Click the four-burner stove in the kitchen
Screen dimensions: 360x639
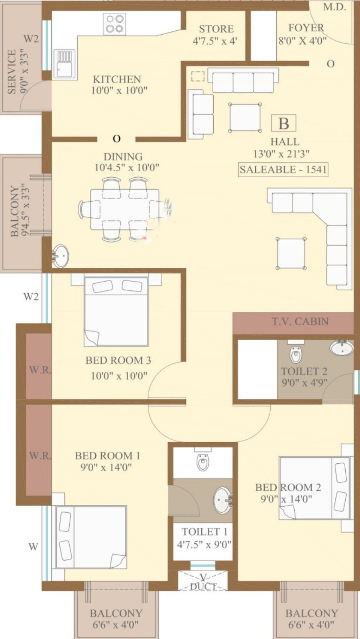[x=114, y=24]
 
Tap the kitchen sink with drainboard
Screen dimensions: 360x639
[x=65, y=64]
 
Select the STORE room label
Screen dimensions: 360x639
[x=216, y=29]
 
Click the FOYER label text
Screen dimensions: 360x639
[x=306, y=27]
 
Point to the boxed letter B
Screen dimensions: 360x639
[x=283, y=123]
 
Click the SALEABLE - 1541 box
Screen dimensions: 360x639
[x=283, y=170]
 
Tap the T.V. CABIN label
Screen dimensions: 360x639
[x=300, y=321]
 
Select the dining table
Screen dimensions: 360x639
[x=125, y=209]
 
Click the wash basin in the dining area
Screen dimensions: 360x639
[x=60, y=256]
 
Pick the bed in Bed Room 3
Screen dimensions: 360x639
[x=116, y=311]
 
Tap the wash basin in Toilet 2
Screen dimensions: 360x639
[x=342, y=347]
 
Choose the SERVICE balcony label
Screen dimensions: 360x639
[x=12, y=72]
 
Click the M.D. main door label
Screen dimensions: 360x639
[x=334, y=7]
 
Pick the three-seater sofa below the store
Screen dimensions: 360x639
[x=243, y=80]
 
